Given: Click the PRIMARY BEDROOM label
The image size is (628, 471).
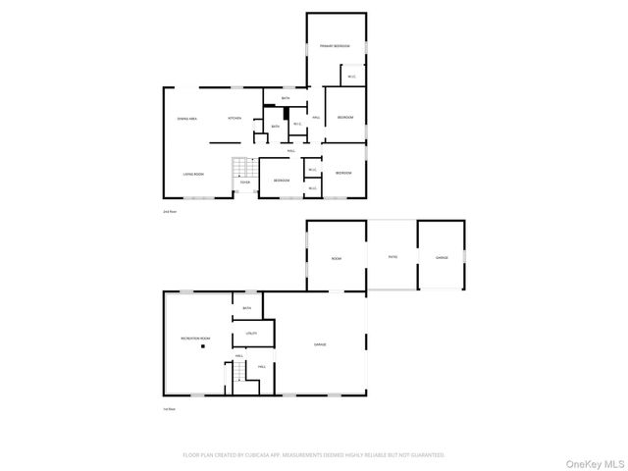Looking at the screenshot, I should pyautogui.click(x=335, y=46).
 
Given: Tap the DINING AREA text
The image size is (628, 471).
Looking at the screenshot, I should pyautogui.click(x=187, y=119).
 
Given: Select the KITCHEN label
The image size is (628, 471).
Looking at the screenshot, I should pyautogui.click(x=235, y=119).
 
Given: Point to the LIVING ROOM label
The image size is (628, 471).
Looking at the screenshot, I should pyautogui.click(x=192, y=174).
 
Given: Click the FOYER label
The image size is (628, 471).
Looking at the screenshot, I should pyautogui.click(x=245, y=182).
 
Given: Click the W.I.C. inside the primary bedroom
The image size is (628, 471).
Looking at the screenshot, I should pyautogui.click(x=350, y=76).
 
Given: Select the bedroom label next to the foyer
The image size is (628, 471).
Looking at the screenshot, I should pyautogui.click(x=282, y=181).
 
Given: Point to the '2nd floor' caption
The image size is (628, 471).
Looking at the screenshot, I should pyautogui.click(x=169, y=211).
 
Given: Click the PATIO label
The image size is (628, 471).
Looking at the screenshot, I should pyautogui.click(x=392, y=257).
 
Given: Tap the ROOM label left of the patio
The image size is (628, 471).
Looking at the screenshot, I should pyautogui.click(x=337, y=257).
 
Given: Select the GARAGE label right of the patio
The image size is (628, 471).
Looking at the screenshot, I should pyautogui.click(x=442, y=257).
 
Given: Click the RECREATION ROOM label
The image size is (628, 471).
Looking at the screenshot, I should pyautogui.click(x=195, y=339).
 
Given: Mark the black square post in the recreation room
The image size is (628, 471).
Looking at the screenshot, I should pyautogui.click(x=204, y=346).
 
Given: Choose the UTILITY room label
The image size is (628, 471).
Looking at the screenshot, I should pyautogui.click(x=251, y=335).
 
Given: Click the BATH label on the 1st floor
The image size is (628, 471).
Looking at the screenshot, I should pyautogui.click(x=247, y=308).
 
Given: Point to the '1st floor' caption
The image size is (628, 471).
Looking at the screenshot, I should pyautogui.click(x=169, y=409).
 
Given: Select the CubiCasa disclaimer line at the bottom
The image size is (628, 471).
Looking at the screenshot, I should pyautogui.click(x=314, y=455).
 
